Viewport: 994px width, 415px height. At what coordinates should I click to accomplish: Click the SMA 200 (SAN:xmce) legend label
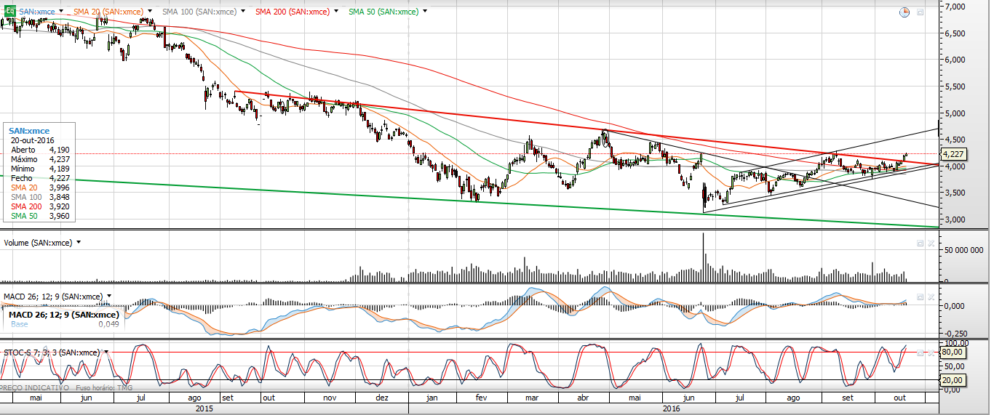(x=292, y=12)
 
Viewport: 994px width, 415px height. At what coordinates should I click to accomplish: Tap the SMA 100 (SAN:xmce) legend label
(x=199, y=12)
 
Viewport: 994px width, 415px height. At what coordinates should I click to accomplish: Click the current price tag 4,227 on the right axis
(x=953, y=154)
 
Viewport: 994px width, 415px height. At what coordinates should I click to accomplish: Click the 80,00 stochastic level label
(x=953, y=352)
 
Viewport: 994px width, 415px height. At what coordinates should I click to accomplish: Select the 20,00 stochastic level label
(x=953, y=380)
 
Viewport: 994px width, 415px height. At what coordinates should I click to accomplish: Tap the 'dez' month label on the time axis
(x=381, y=398)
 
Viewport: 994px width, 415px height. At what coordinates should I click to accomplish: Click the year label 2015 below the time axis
(x=204, y=409)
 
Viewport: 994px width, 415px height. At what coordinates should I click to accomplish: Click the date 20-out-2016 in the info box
(x=32, y=140)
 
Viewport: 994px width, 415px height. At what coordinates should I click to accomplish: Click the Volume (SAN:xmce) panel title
(x=38, y=243)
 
